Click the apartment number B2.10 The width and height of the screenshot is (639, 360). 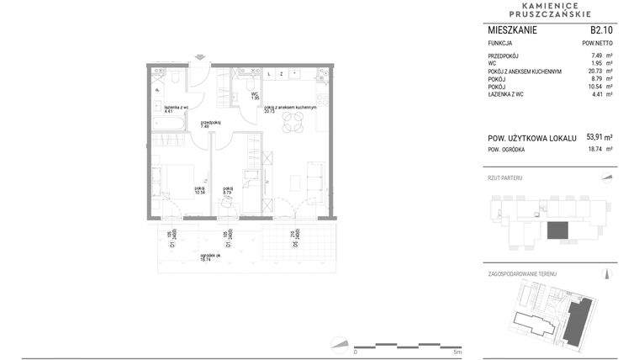[600, 29]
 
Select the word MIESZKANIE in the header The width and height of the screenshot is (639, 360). [513, 29]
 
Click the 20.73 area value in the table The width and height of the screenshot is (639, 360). [599, 71]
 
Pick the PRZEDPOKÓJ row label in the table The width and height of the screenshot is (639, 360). [505, 56]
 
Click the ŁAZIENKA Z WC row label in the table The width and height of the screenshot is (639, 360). [508, 95]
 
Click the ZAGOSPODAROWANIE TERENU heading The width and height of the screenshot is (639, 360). [522, 274]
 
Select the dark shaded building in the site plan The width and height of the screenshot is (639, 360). [578, 321]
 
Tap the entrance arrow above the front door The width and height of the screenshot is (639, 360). [199, 57]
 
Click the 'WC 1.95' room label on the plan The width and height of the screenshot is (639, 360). [254, 96]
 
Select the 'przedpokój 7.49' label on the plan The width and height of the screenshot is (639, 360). [210, 124]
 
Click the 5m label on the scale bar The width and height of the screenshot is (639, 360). [457, 352]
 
